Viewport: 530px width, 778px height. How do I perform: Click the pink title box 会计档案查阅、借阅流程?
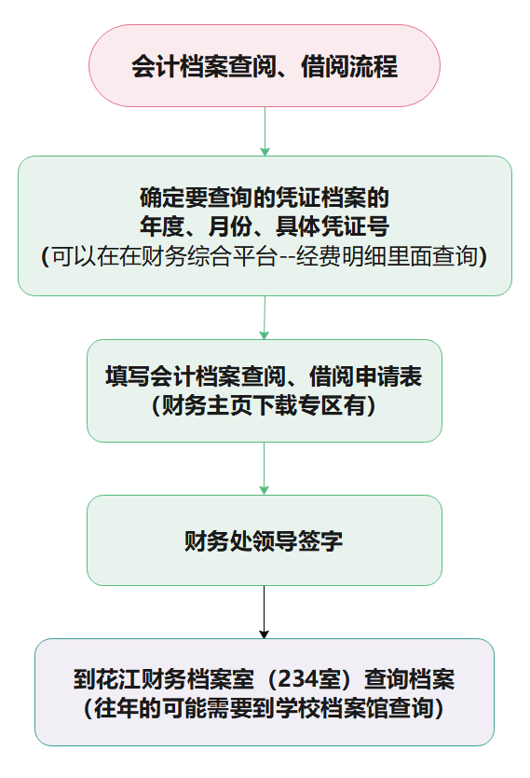click(265, 65)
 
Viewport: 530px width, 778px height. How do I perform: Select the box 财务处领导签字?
click(265, 539)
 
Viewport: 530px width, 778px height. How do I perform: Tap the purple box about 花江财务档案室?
click(265, 691)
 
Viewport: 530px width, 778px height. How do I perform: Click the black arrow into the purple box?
click(264, 612)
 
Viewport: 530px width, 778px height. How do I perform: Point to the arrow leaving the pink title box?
click(265, 131)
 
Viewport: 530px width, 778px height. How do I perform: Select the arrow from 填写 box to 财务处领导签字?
click(264, 469)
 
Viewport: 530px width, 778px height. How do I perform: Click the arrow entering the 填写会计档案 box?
click(265, 318)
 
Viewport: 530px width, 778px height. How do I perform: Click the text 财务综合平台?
click(209, 256)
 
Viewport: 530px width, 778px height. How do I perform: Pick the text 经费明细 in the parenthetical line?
click(342, 256)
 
